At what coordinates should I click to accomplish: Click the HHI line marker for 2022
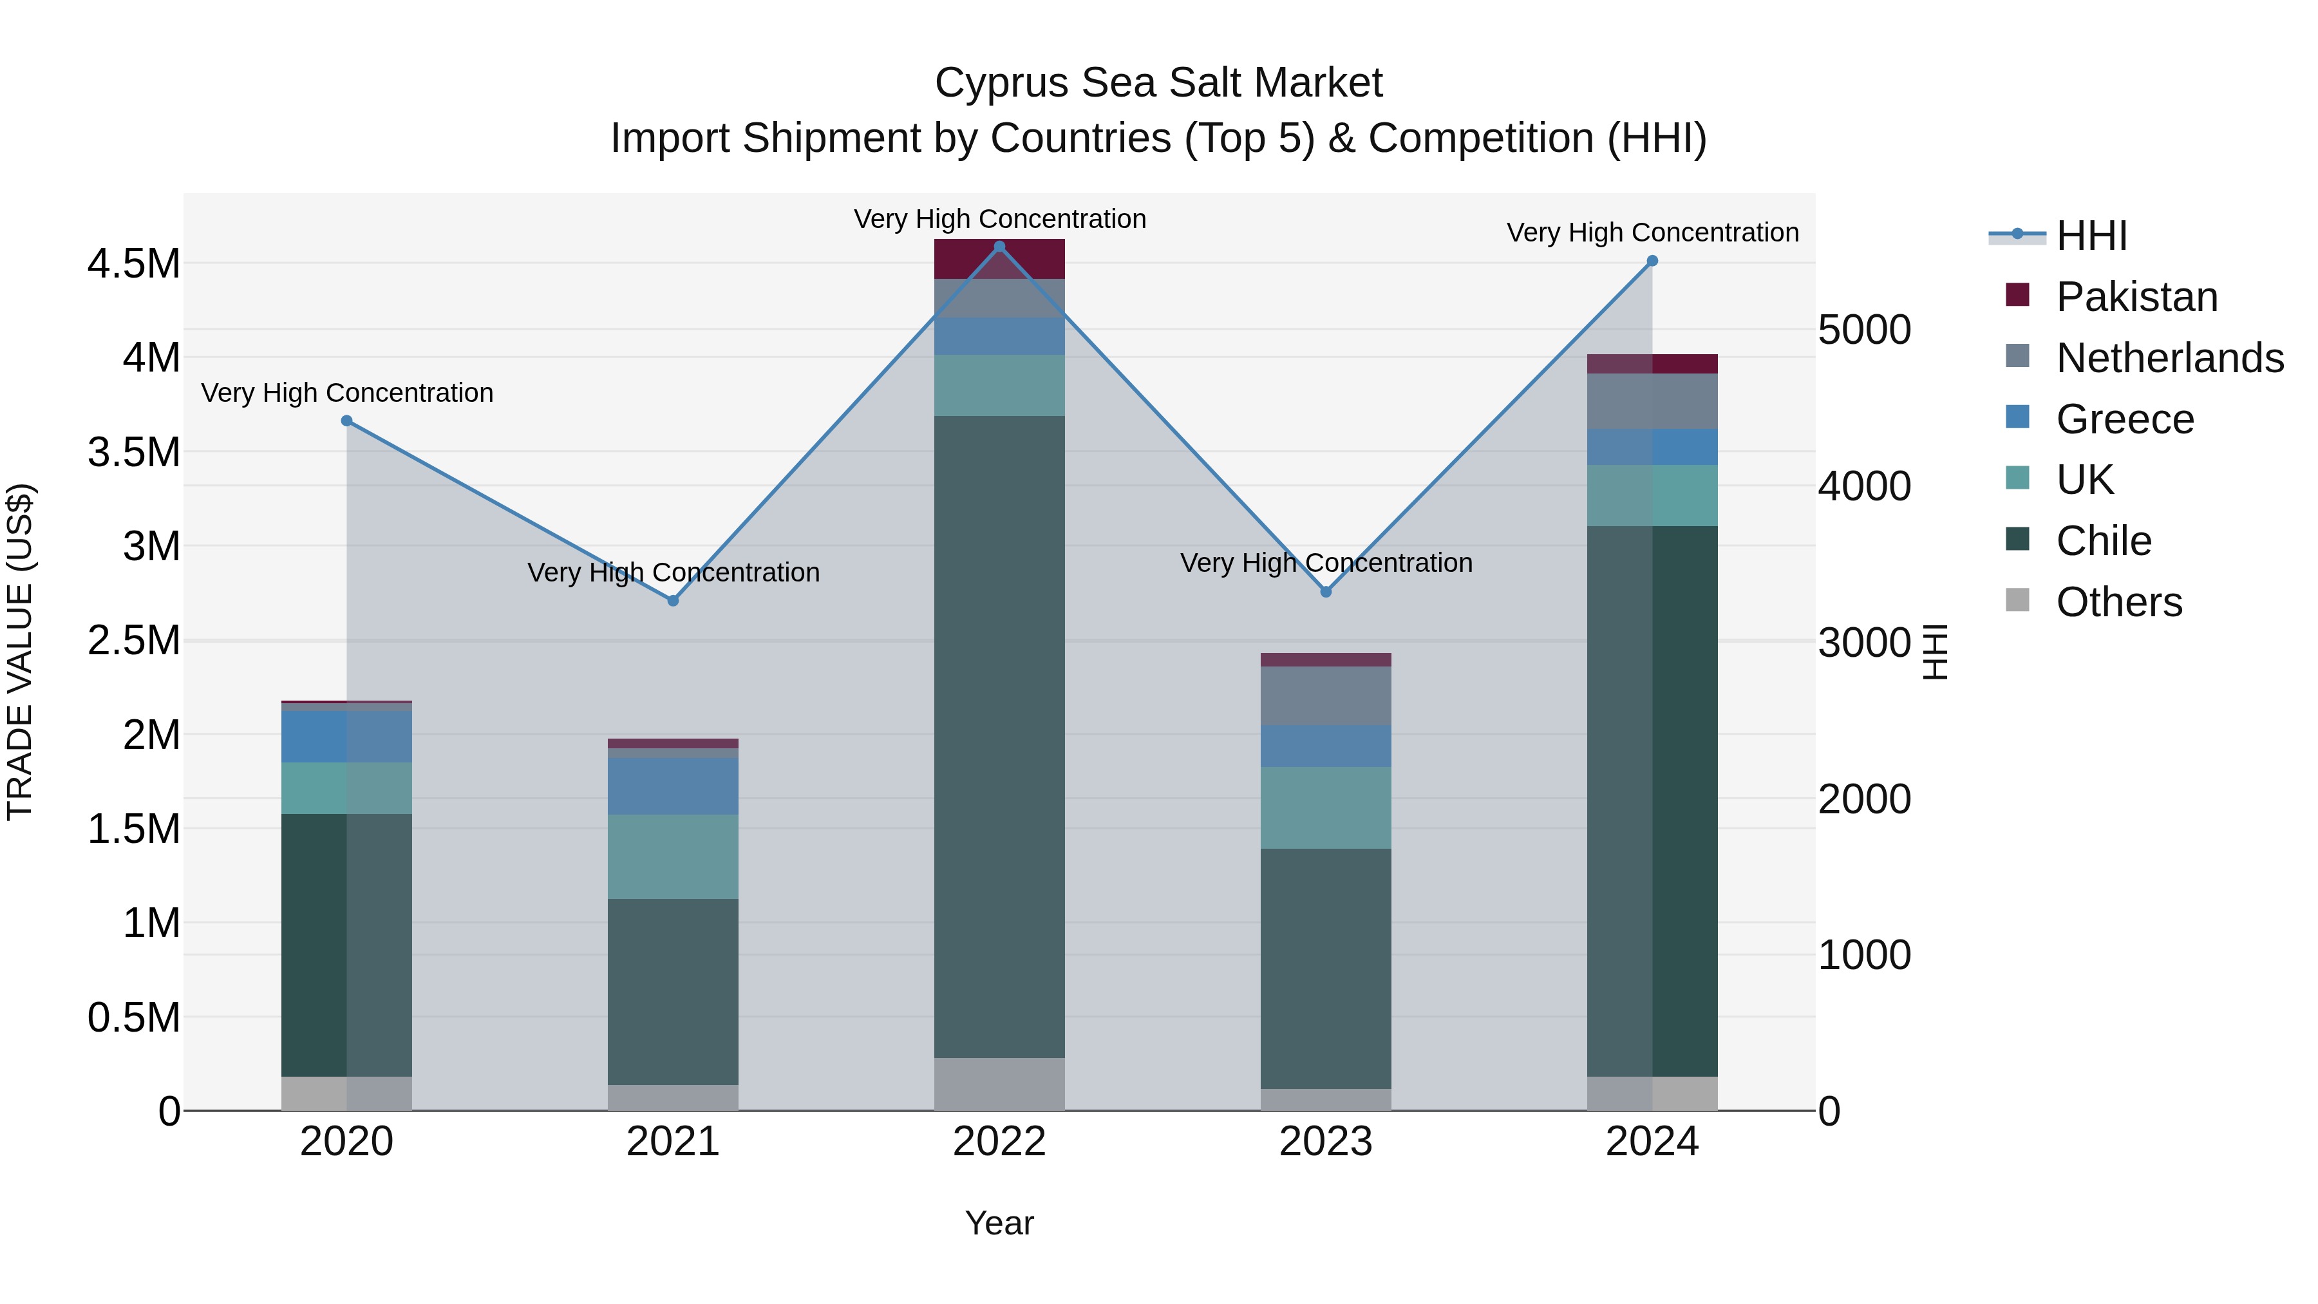(999, 247)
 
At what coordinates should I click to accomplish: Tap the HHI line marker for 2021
(673, 600)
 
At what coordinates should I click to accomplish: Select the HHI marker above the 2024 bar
(1652, 261)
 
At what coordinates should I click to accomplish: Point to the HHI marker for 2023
(1326, 591)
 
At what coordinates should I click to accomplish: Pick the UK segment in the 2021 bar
(673, 856)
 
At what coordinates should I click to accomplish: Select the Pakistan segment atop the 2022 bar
(999, 258)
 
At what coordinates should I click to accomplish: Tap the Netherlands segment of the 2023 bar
(1326, 695)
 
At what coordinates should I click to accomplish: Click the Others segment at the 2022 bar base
(999, 1084)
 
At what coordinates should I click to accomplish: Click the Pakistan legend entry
(2136, 297)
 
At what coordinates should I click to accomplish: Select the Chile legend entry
(2103, 541)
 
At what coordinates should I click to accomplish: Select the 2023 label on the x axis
(1326, 1142)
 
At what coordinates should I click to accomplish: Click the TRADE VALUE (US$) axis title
(20, 652)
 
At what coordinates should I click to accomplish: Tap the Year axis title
(999, 1223)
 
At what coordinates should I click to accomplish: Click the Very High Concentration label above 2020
(347, 393)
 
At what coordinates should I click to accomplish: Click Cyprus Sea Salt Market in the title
(1158, 83)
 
